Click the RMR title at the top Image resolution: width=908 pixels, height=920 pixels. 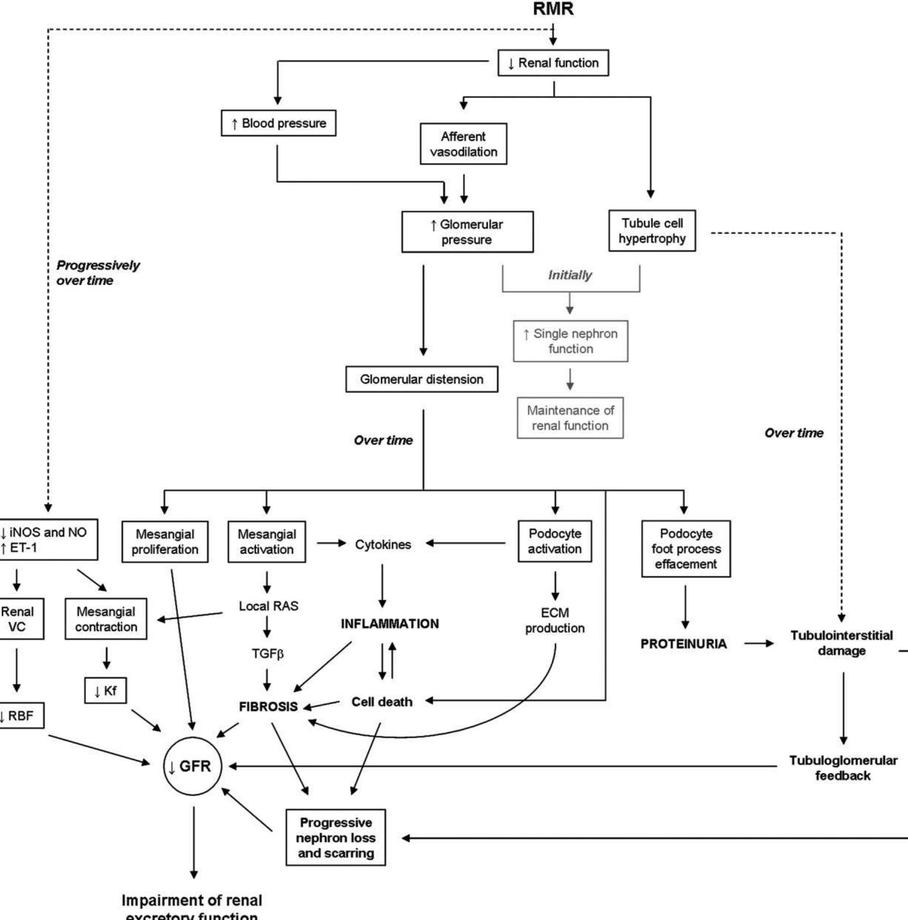click(x=553, y=9)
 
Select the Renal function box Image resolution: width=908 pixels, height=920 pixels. click(x=553, y=63)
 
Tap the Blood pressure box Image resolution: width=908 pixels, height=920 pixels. click(x=278, y=123)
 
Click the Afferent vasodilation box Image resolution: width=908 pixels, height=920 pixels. click(x=463, y=144)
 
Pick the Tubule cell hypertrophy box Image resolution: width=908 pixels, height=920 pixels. click(x=652, y=231)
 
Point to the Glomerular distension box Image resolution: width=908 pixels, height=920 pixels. click(x=422, y=379)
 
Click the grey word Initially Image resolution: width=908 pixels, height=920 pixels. click(x=570, y=275)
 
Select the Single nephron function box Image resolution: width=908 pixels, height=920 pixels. click(x=570, y=341)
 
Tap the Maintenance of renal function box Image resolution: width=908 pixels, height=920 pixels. click(x=570, y=418)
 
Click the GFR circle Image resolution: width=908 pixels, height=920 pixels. click(x=193, y=767)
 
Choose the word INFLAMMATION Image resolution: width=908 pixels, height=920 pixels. click(x=390, y=624)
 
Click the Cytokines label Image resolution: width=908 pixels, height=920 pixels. click(x=383, y=545)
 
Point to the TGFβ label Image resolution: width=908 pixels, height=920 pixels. click(x=267, y=654)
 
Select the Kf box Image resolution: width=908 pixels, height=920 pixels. click(x=105, y=691)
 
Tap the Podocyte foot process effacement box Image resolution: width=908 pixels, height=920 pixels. click(x=686, y=549)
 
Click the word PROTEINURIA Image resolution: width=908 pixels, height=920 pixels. click(x=684, y=644)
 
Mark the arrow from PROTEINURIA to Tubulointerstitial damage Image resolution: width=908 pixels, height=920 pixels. click(x=758, y=644)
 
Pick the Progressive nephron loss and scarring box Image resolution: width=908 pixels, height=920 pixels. click(x=336, y=838)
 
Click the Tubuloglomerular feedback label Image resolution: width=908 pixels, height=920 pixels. click(x=843, y=768)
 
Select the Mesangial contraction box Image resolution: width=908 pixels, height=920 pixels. click(x=106, y=619)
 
